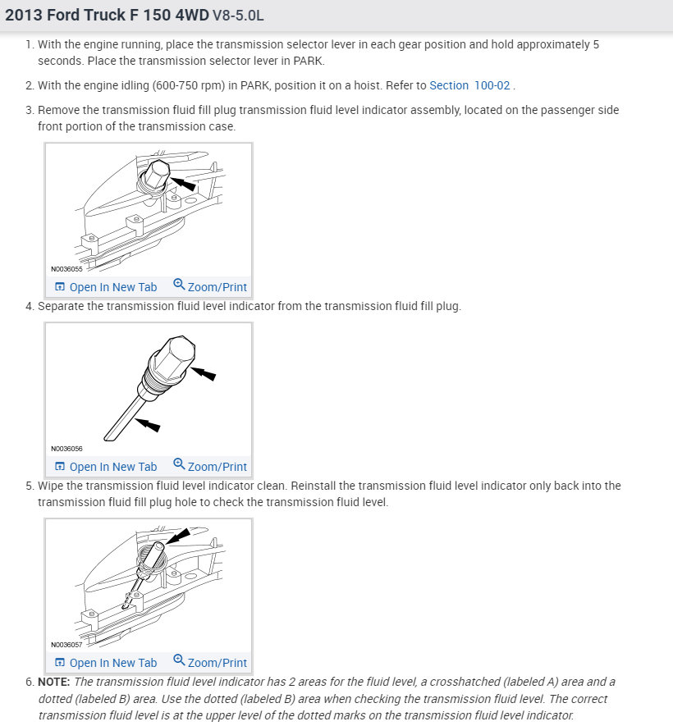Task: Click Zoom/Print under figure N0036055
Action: point(210,287)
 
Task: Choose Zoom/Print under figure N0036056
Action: point(210,467)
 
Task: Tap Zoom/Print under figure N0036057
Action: point(210,663)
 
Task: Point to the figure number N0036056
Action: point(66,449)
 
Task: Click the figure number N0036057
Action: point(66,645)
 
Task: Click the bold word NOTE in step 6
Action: point(54,682)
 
